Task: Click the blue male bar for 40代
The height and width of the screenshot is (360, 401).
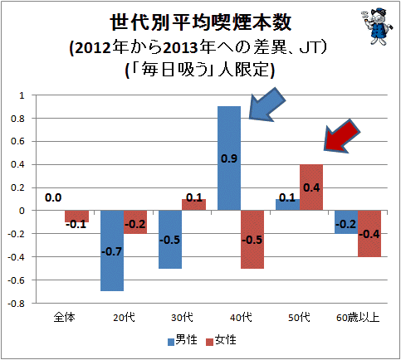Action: pos(229,158)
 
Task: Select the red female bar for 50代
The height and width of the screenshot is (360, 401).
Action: pos(311,187)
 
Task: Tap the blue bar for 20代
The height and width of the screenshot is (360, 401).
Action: pos(112,251)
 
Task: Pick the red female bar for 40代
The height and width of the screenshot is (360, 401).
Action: pos(252,240)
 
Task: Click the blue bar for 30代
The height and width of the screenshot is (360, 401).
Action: pos(170,240)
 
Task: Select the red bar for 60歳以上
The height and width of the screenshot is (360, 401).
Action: pos(369,234)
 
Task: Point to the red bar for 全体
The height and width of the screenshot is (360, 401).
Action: pos(77,216)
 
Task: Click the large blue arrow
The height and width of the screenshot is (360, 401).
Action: pos(267,105)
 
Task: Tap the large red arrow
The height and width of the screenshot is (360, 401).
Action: pos(342,136)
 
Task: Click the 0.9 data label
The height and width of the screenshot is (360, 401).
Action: pos(229,158)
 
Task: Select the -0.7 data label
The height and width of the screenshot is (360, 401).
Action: pos(112,251)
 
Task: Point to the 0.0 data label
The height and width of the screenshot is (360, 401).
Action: pos(53,197)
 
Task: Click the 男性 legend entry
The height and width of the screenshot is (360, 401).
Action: pos(183,340)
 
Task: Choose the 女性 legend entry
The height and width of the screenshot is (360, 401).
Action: pos(222,340)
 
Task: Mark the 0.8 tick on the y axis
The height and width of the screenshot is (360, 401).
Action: pos(17,119)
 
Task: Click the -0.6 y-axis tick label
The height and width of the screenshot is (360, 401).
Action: pos(16,280)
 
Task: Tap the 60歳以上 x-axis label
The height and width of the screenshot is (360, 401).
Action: pos(358,318)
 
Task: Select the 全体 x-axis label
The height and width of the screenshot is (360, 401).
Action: pos(64,318)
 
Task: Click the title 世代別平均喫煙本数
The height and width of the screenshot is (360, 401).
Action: pos(201,22)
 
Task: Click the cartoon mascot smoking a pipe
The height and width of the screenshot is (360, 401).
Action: pos(377,26)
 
